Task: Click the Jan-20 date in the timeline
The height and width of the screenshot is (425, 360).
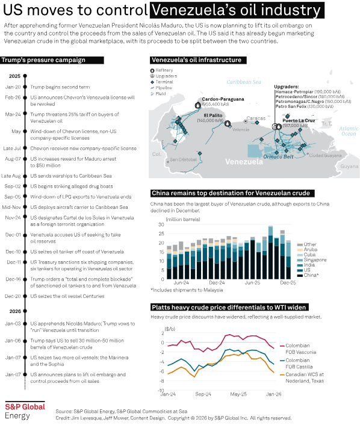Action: pos(14,87)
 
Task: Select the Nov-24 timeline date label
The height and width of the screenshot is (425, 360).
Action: pos(13,217)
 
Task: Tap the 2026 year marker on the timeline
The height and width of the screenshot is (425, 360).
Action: pos(14,311)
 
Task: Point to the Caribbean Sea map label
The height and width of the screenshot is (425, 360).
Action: pos(240,79)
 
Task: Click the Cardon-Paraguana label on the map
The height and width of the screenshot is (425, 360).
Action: pos(223,99)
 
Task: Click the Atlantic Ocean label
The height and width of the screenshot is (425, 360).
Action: pos(348,131)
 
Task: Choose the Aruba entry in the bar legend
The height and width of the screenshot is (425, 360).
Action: pos(311,250)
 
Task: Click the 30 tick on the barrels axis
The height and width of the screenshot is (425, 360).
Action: pos(161,225)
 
